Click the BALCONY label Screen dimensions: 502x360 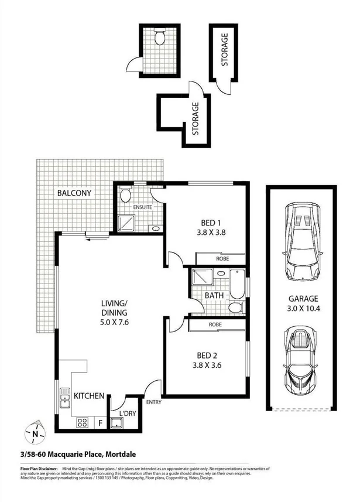[73, 192]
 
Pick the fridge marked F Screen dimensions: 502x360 [100, 422]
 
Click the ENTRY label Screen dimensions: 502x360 [154, 402]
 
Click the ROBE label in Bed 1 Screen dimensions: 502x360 [222, 258]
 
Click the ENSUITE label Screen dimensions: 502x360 [143, 207]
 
